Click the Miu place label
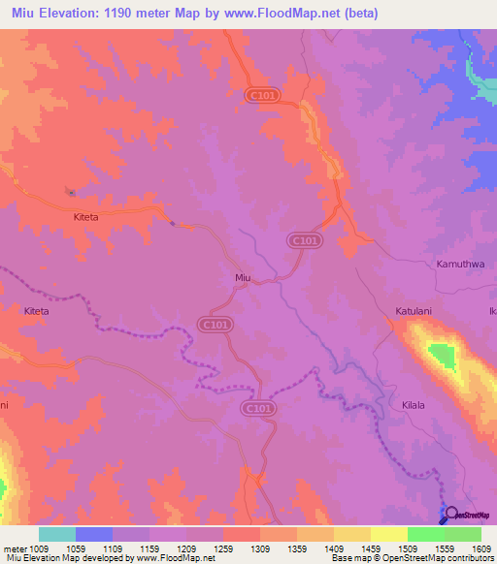tap(243, 278)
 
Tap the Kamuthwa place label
tap(460, 264)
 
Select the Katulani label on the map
tap(413, 312)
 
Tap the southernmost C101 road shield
tap(256, 410)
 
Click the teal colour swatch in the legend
tap(57, 534)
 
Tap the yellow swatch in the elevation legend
tap(389, 534)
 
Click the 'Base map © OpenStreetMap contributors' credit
tap(411, 558)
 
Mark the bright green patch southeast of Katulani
tap(443, 357)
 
